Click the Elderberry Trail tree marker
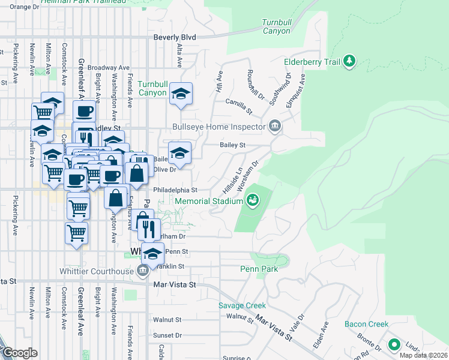349,61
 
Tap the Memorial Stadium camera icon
253,199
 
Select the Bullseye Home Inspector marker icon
275,126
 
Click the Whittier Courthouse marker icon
142,271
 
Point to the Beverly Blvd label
175,37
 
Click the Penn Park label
259,269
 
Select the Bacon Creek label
367,324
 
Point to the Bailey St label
233,145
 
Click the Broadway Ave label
109,68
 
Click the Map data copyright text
424,355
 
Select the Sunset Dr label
167,335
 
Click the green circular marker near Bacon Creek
394,345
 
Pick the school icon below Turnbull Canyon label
180,94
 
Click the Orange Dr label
24,7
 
